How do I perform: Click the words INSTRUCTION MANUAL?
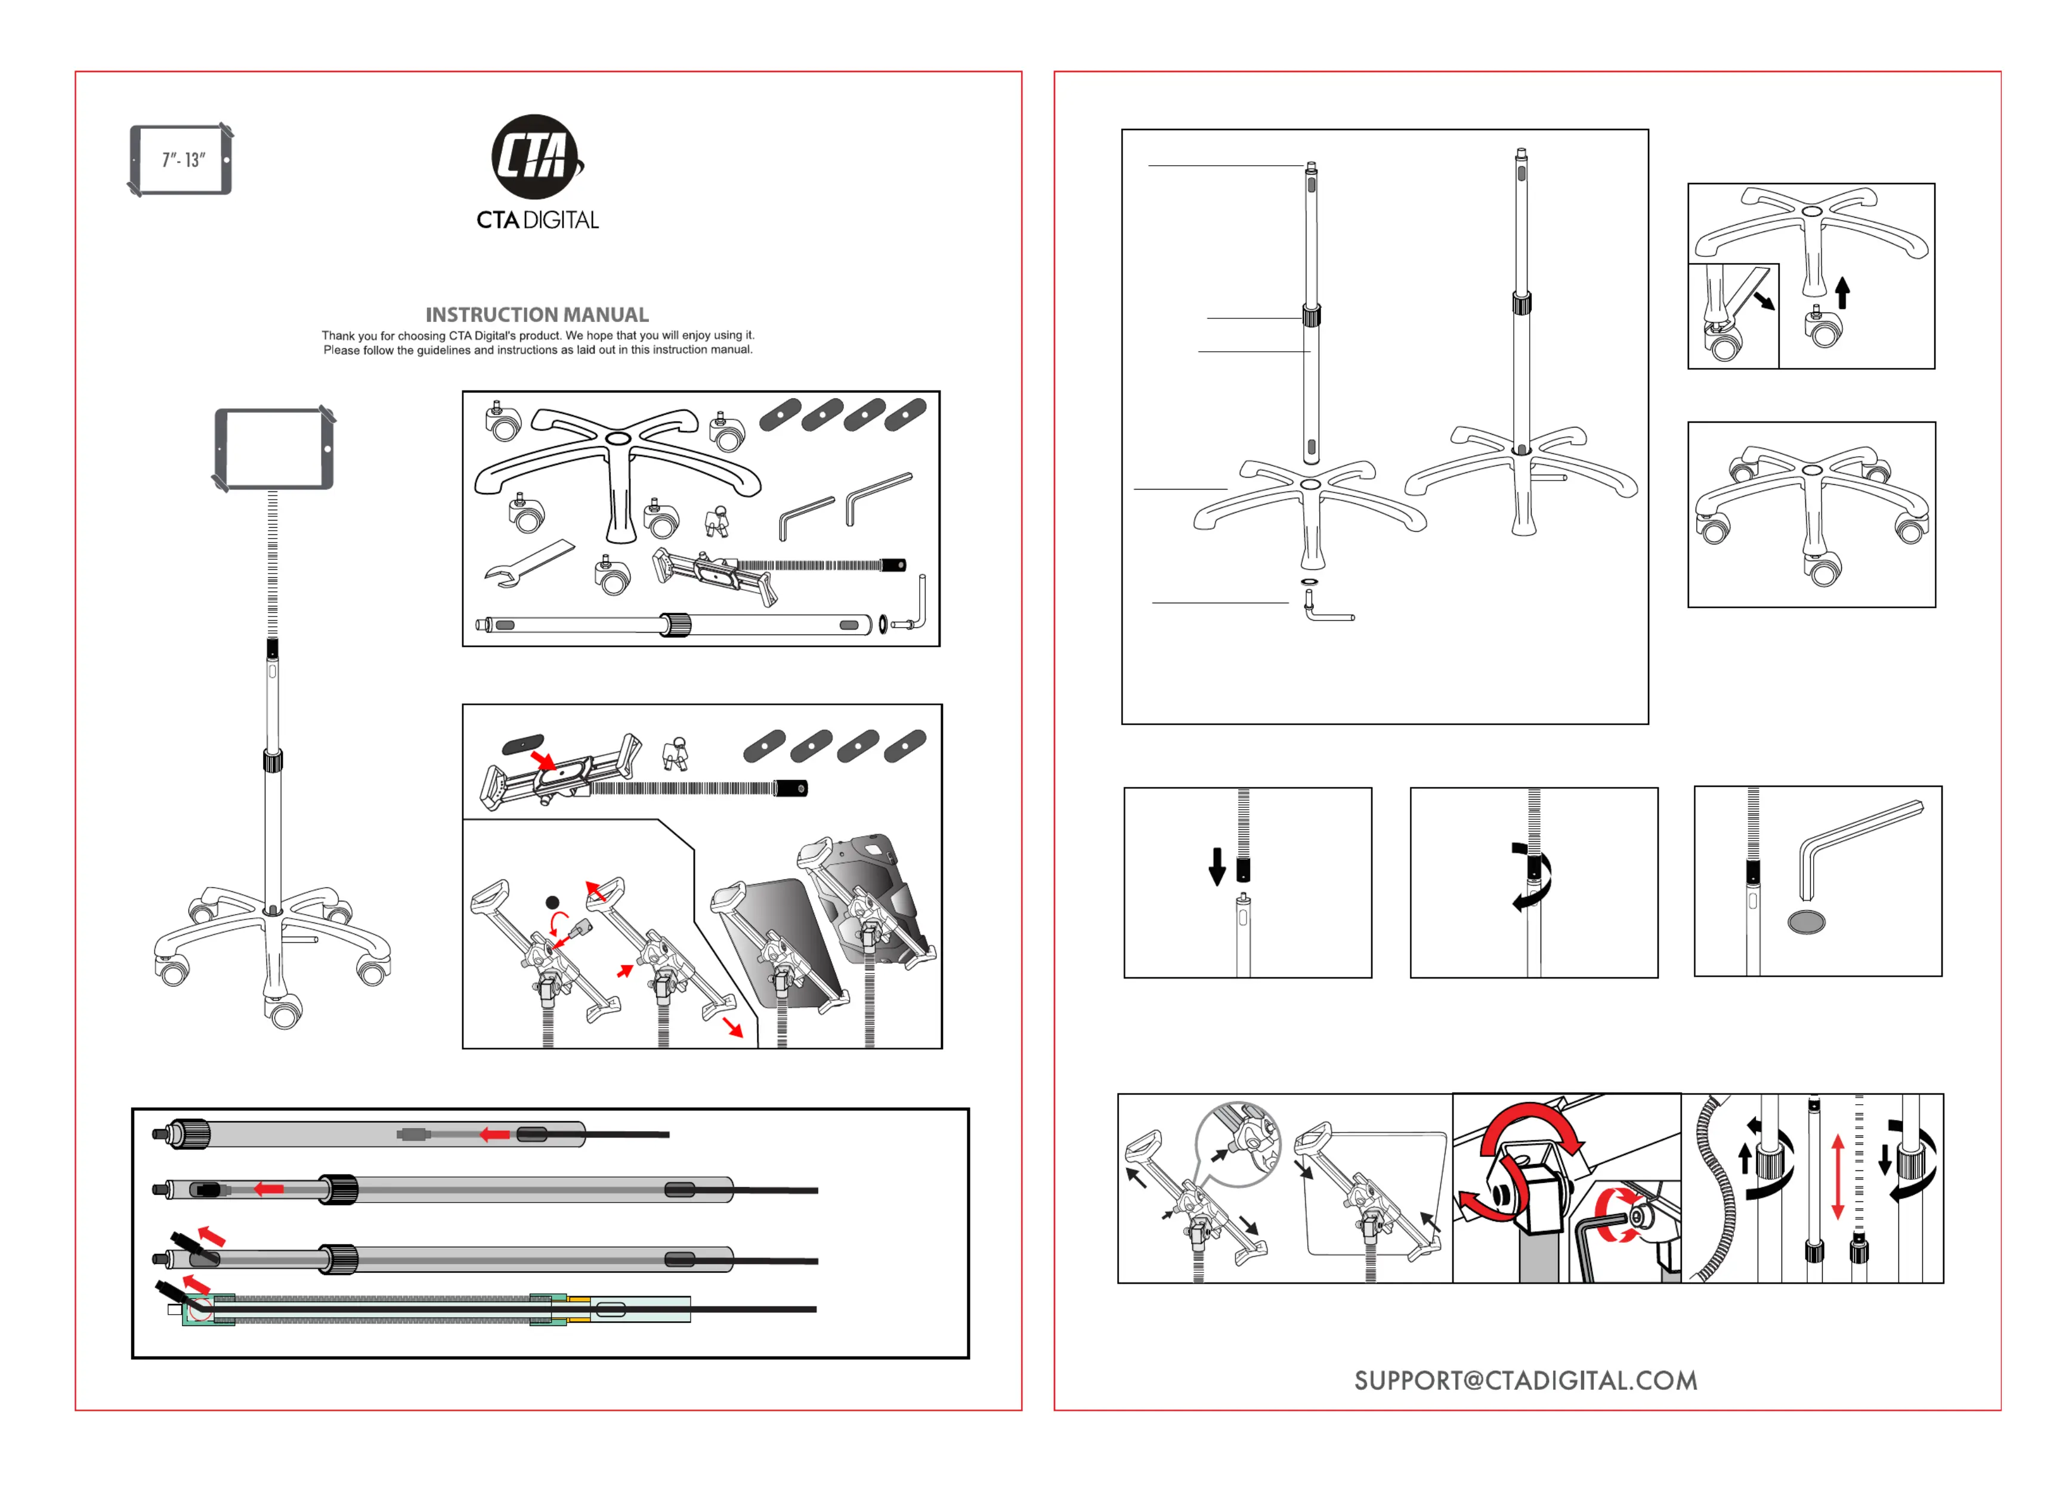coord(537,315)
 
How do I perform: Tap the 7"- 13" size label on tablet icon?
coord(184,160)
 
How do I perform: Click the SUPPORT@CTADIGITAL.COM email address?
coord(1526,1380)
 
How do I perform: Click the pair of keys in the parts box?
coord(717,521)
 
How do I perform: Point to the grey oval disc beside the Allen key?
coord(1806,921)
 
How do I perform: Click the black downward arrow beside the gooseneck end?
coord(1217,866)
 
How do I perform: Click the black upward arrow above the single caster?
coord(1843,292)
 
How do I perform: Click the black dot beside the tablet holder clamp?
coord(553,903)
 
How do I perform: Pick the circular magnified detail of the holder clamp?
coord(1239,1144)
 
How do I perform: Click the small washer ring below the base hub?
coord(1309,581)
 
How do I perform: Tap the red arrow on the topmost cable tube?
coord(495,1135)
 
